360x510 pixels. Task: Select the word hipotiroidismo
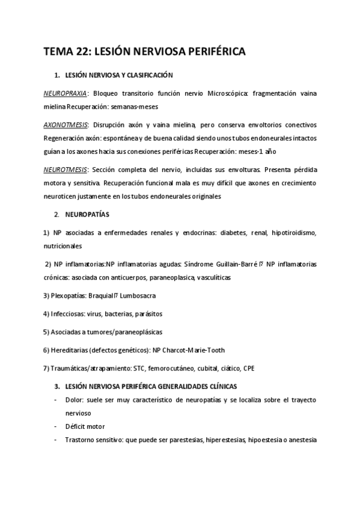click(x=294, y=233)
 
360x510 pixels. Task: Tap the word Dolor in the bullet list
click(x=75, y=400)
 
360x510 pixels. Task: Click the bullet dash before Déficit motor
click(x=56, y=426)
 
